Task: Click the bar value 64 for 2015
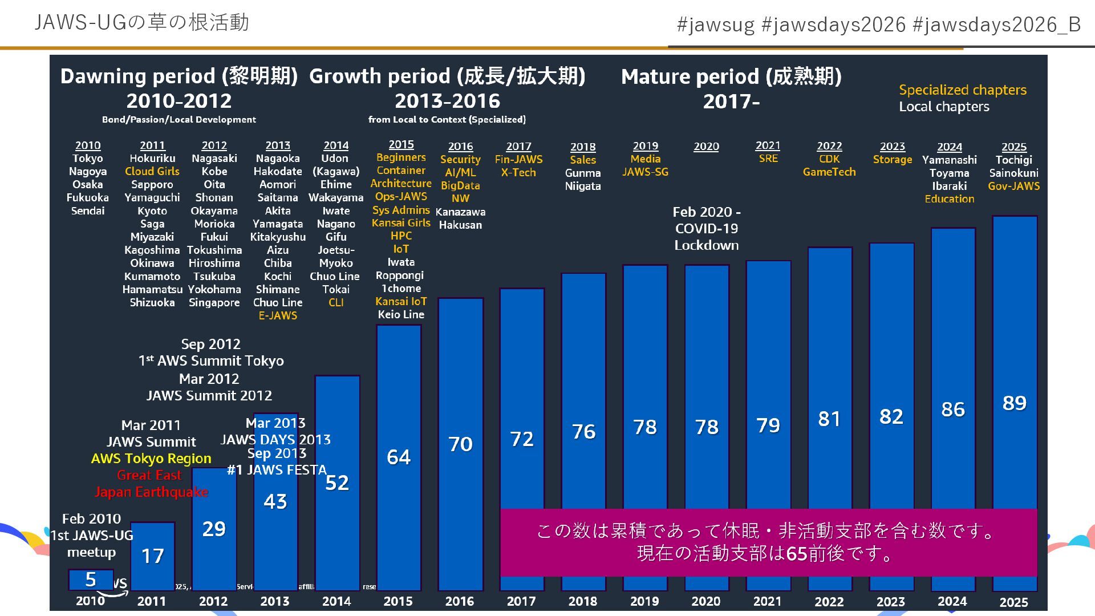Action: coord(398,457)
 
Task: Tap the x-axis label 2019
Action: coord(644,601)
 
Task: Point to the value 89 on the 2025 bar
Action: coord(1014,403)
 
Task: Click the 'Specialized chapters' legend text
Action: coord(962,90)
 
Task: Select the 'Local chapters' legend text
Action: coord(944,107)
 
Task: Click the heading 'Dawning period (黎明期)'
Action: coord(179,76)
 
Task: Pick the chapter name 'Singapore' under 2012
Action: coord(214,302)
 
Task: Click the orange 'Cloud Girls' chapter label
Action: coord(152,171)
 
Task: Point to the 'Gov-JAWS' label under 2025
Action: coord(1013,186)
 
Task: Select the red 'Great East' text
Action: coord(149,475)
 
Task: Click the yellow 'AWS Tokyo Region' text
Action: coord(151,459)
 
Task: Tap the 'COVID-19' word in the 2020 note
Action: coord(706,229)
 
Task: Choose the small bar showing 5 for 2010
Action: coord(91,579)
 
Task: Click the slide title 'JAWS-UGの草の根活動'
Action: coord(141,22)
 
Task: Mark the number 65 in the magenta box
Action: coord(796,554)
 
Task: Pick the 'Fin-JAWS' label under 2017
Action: coord(518,160)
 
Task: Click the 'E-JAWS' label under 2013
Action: coord(278,315)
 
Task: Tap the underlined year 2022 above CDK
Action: coord(829,146)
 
